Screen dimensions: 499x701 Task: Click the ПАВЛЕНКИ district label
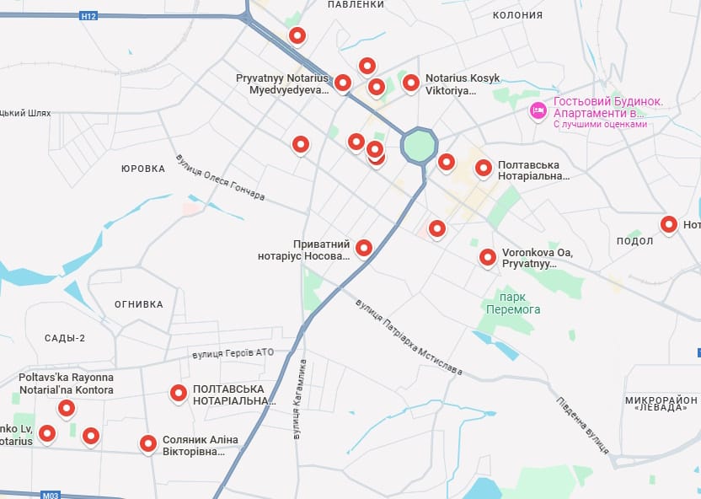(x=355, y=5)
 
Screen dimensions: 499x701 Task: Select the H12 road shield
(x=88, y=15)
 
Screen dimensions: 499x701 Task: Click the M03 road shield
(x=50, y=496)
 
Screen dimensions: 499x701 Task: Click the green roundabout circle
(x=419, y=146)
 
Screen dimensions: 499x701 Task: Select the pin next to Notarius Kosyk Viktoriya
(x=410, y=82)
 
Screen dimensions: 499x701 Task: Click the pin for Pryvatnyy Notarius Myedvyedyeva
(x=342, y=82)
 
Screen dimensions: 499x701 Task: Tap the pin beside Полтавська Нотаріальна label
(x=483, y=168)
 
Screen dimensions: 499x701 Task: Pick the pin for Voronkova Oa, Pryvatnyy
(x=487, y=257)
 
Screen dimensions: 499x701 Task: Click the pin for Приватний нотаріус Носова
(x=363, y=247)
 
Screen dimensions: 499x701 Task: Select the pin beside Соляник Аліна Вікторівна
(x=147, y=443)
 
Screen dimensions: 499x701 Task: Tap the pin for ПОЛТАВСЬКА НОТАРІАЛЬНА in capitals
(x=178, y=392)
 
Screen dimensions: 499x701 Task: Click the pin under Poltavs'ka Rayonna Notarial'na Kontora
(x=66, y=409)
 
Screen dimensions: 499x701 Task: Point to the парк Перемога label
(x=513, y=303)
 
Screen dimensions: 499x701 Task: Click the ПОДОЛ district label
(x=634, y=241)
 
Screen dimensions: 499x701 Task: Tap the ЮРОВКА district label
(x=142, y=169)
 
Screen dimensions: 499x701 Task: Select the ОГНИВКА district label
(x=138, y=304)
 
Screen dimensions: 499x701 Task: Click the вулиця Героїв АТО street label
(x=233, y=353)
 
